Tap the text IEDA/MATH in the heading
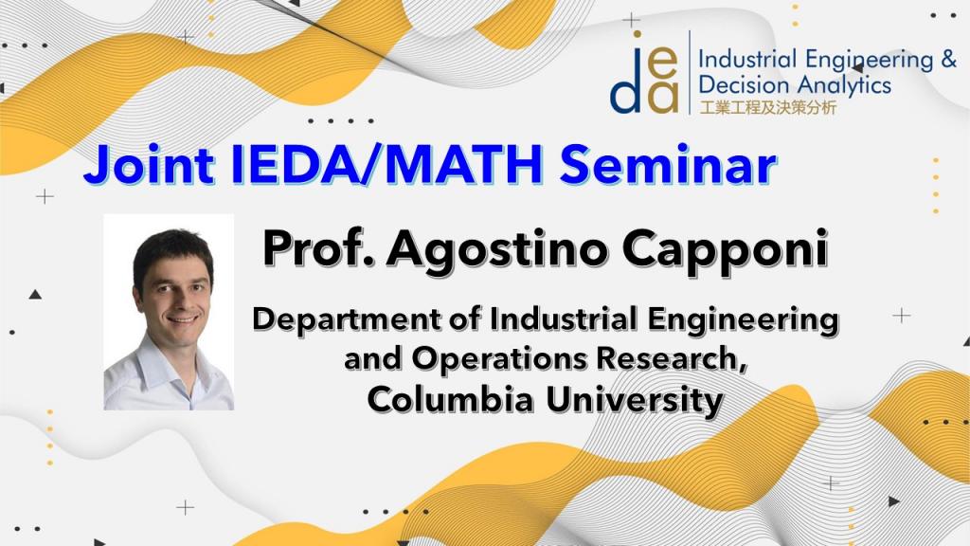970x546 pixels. (386, 164)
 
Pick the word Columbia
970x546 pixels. (450, 399)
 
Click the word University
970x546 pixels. (635, 401)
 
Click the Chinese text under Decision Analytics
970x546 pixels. (767, 108)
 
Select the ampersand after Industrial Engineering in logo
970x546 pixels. (948, 60)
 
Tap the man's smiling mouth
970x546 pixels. (183, 318)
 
